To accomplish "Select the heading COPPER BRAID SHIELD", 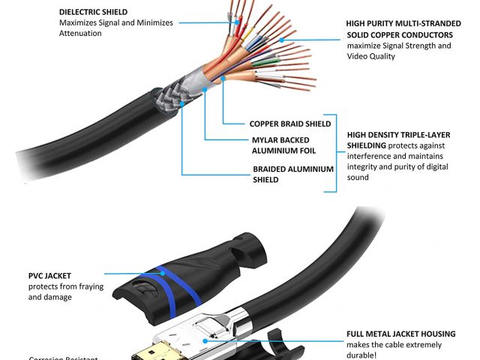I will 289,124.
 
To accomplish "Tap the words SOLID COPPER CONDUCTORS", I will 399,34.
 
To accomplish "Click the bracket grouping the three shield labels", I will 338,150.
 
